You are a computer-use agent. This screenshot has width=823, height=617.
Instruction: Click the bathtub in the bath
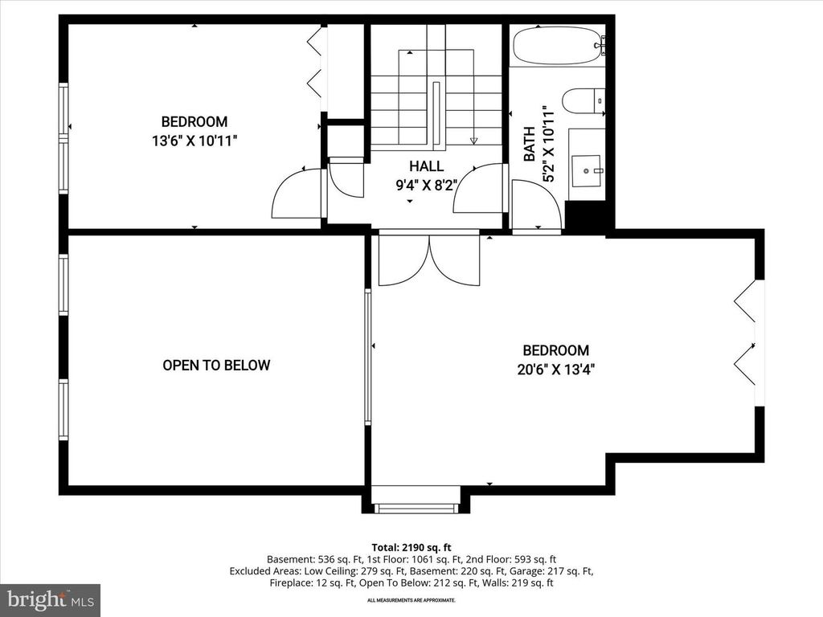click(557, 46)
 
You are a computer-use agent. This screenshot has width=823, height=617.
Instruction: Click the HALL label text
click(426, 166)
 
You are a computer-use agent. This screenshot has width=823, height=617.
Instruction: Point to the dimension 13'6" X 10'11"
click(194, 141)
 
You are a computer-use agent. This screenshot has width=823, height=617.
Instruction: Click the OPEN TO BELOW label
click(216, 365)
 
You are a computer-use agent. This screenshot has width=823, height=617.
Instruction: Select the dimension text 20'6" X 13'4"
click(556, 370)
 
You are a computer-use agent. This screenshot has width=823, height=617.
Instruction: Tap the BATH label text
click(530, 145)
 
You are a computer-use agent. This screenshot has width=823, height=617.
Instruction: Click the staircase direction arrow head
click(473, 141)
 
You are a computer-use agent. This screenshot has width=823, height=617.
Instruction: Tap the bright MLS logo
click(50, 599)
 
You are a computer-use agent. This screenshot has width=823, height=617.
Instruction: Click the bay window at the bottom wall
click(416, 505)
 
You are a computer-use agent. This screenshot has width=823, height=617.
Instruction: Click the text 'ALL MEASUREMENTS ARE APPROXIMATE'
click(411, 600)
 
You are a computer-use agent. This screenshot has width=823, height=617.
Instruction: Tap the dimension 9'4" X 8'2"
click(426, 184)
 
